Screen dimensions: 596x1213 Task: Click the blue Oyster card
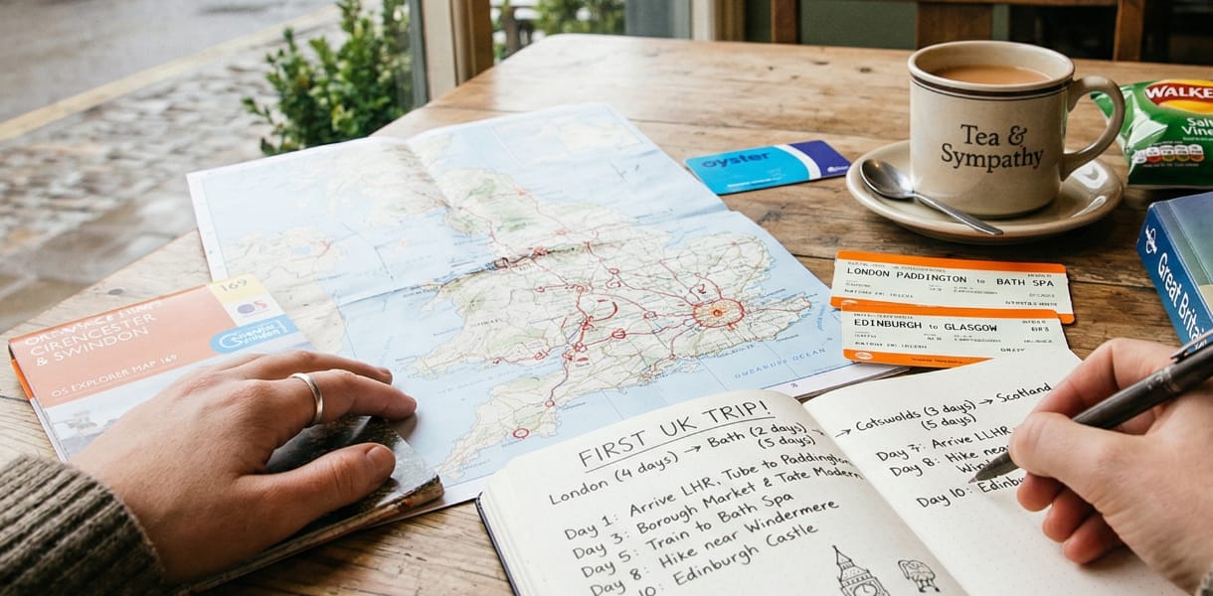pyautogui.click(x=766, y=165)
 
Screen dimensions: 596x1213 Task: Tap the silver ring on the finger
pyautogui.click(x=309, y=396)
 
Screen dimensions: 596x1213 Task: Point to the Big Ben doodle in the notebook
pyautogui.click(x=858, y=574)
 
